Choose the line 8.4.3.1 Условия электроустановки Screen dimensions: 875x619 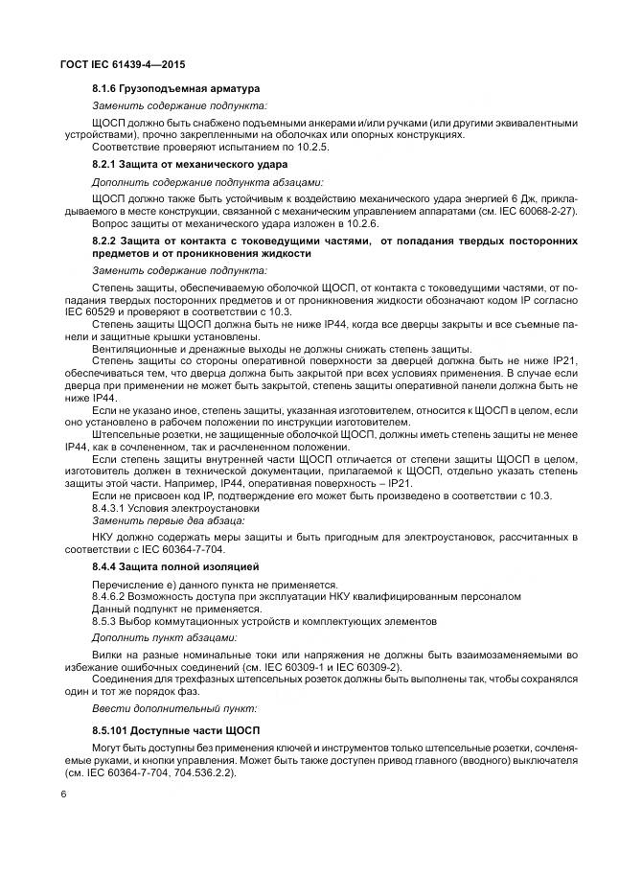[167, 508]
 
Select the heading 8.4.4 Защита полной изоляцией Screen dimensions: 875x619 [165, 568]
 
